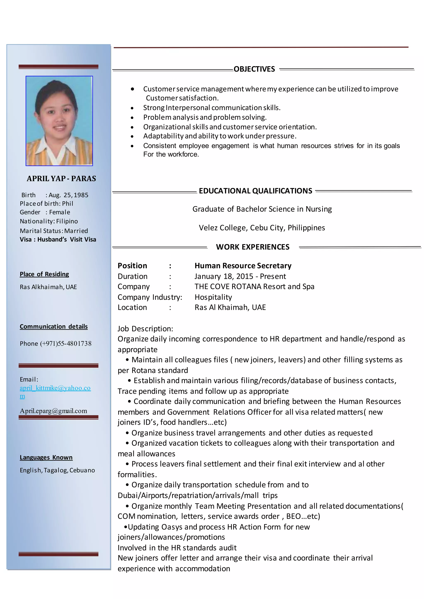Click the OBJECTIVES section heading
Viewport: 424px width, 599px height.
click(x=254, y=69)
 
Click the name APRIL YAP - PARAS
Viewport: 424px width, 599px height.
click(x=61, y=179)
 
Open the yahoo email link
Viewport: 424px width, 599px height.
click(x=55, y=388)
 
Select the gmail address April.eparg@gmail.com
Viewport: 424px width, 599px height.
click(x=54, y=411)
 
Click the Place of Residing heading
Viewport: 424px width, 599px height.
click(x=44, y=274)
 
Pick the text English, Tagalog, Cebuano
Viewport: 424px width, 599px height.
click(x=57, y=470)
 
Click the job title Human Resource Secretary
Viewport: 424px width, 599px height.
click(x=243, y=266)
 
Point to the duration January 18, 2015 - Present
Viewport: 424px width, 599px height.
click(x=240, y=276)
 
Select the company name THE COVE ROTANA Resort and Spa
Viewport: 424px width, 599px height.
click(x=254, y=287)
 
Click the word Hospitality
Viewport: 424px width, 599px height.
click(x=213, y=297)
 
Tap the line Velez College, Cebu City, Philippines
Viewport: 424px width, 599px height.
click(x=262, y=228)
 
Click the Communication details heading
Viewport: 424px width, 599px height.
click(x=54, y=327)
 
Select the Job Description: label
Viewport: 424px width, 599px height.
click(x=145, y=329)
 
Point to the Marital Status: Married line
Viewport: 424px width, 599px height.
click(x=54, y=231)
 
